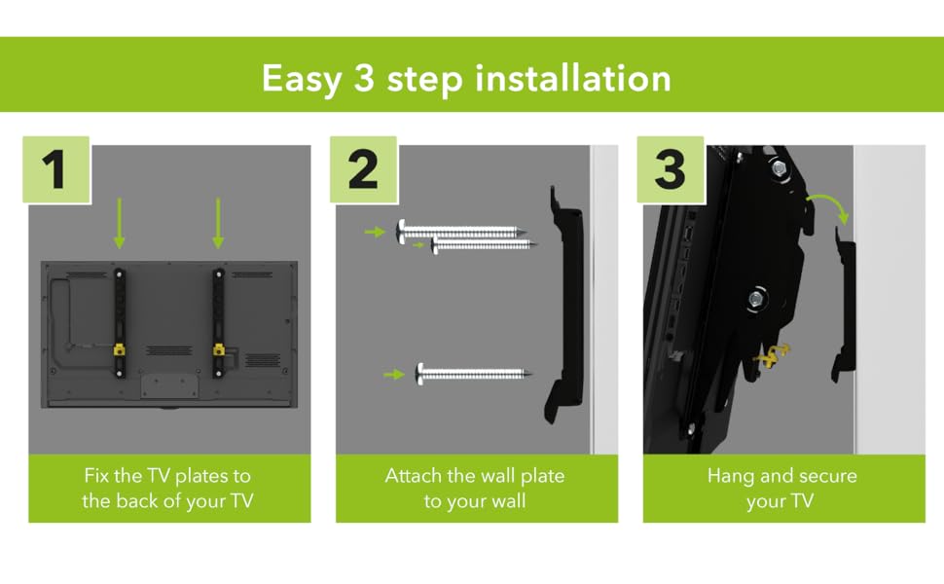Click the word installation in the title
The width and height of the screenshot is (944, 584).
573,79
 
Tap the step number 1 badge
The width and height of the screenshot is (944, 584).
56,169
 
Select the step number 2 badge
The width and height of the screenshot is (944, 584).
364,169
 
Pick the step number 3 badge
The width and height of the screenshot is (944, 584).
671,169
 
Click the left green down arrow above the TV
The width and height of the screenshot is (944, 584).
119,223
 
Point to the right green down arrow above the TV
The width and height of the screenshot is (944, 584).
218,223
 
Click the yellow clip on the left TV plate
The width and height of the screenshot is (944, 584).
119,349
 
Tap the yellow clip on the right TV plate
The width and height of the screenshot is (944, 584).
219,349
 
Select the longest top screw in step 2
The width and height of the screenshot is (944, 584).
460,232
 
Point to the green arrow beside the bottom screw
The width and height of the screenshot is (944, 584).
394,375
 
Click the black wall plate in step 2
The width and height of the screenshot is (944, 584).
564,304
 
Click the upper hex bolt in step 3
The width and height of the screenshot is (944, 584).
779,168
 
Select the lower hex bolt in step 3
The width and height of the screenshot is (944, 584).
756,299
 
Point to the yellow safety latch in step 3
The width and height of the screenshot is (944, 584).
771,356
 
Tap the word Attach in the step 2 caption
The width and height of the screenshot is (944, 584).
413,476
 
